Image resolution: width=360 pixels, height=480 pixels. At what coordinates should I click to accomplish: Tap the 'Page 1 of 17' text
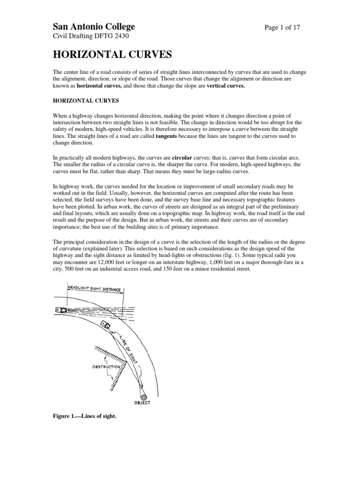282,28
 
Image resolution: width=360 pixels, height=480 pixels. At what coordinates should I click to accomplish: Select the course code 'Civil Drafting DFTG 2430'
90,36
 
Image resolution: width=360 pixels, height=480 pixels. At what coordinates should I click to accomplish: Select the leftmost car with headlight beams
61,310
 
